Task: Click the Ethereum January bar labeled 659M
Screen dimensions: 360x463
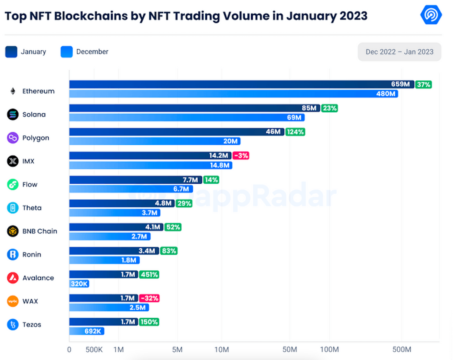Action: tap(242, 84)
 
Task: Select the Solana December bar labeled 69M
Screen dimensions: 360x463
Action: tap(187, 118)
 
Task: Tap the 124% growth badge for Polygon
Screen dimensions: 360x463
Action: tap(295, 132)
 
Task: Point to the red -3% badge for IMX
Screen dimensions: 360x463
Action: tap(241, 156)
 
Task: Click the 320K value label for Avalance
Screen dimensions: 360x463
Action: tap(78, 284)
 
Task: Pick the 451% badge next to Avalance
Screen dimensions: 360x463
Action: tap(149, 275)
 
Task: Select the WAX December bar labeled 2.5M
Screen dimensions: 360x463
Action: tap(109, 308)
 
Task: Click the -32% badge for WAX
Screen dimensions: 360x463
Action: tap(149, 298)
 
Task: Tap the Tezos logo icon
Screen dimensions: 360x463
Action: tap(13, 324)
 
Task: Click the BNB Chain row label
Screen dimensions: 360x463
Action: tap(40, 231)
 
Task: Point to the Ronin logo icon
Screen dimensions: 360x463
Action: tap(13, 254)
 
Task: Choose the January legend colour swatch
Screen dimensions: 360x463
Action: tap(11, 52)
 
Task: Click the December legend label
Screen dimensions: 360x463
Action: tap(92, 52)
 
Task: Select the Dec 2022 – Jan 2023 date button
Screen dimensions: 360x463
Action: tap(399, 52)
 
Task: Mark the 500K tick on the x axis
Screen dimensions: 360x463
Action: tap(94, 350)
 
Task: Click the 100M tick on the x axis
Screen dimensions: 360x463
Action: tap(330, 350)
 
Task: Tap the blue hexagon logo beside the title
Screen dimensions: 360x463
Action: tap(431, 15)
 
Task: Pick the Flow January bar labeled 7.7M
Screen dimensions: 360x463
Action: tap(135, 180)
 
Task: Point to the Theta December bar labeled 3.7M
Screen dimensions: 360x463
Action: tap(114, 213)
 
